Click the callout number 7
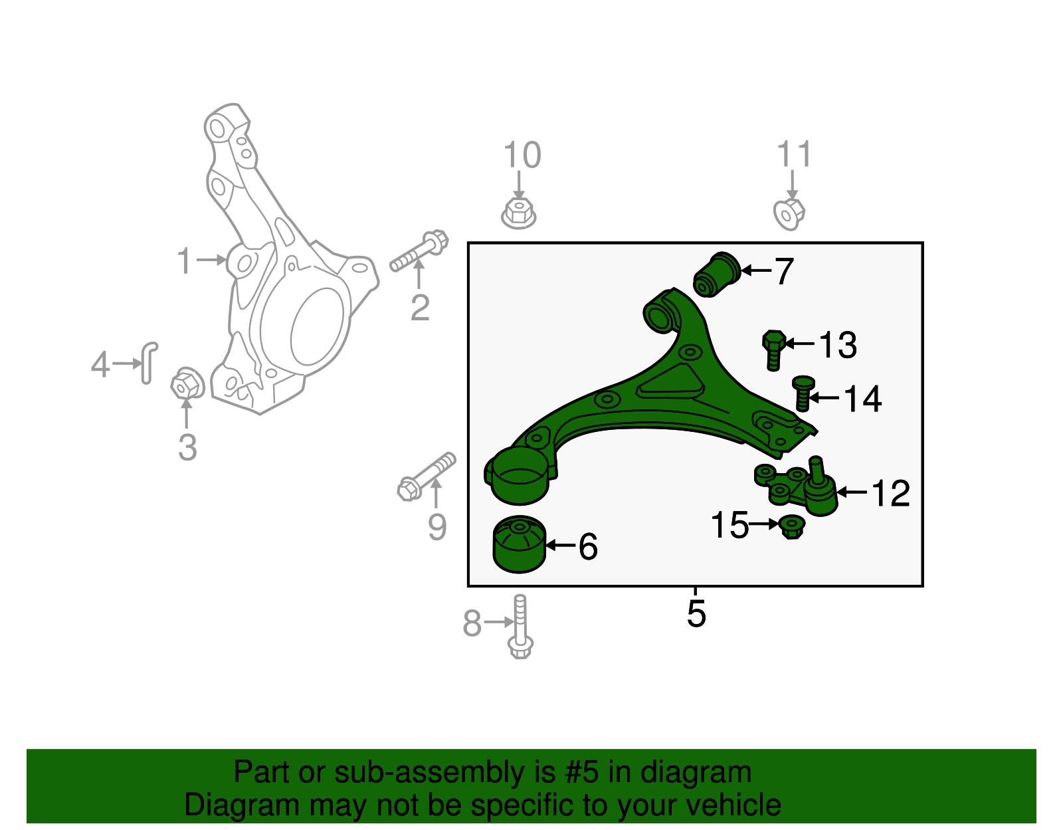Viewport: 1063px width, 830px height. point(785,271)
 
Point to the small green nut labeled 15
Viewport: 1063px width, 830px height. point(791,526)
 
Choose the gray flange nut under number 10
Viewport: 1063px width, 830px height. point(519,213)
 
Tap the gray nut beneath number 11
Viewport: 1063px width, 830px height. point(789,213)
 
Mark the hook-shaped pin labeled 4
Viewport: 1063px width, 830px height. point(149,362)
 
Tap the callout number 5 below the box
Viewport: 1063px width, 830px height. point(696,613)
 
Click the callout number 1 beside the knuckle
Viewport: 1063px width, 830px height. point(184,261)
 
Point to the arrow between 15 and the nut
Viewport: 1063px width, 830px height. point(764,524)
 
